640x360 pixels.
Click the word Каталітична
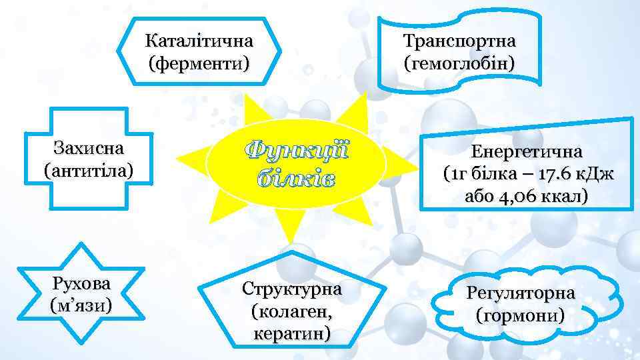(x=199, y=41)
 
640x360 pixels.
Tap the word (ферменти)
(x=199, y=65)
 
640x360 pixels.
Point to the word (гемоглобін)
(x=459, y=64)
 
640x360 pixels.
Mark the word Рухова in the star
(x=81, y=283)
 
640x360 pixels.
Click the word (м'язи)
(x=81, y=306)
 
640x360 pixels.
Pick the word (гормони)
(x=521, y=314)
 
